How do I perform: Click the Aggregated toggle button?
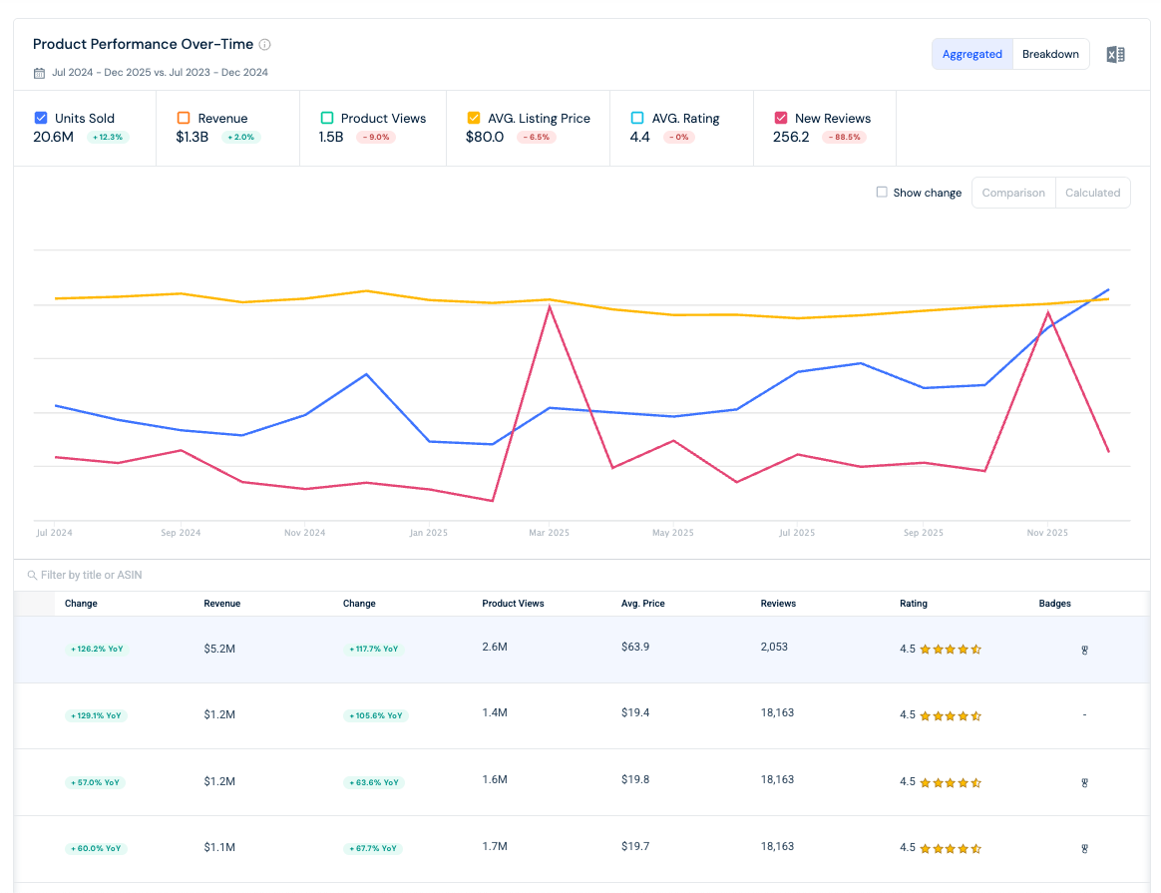(x=971, y=54)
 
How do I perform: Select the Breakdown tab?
(x=1050, y=54)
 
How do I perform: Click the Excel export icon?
(x=1115, y=54)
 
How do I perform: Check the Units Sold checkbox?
(x=41, y=118)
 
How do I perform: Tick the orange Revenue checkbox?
(x=184, y=118)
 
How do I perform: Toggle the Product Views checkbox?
(x=326, y=118)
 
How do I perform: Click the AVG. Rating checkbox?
(x=636, y=118)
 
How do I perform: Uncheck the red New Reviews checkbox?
(x=780, y=118)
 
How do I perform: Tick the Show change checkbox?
(x=881, y=192)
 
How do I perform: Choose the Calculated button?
(x=1092, y=193)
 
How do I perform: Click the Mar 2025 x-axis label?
(x=549, y=533)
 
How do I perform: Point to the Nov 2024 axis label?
(x=304, y=533)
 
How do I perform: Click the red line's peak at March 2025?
(x=550, y=306)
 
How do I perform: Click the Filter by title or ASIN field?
(x=91, y=575)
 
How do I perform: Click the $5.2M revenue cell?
(x=219, y=649)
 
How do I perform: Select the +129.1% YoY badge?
(x=97, y=715)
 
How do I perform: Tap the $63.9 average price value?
(x=635, y=647)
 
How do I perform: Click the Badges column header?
(x=1054, y=604)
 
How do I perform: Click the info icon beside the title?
(x=264, y=45)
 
